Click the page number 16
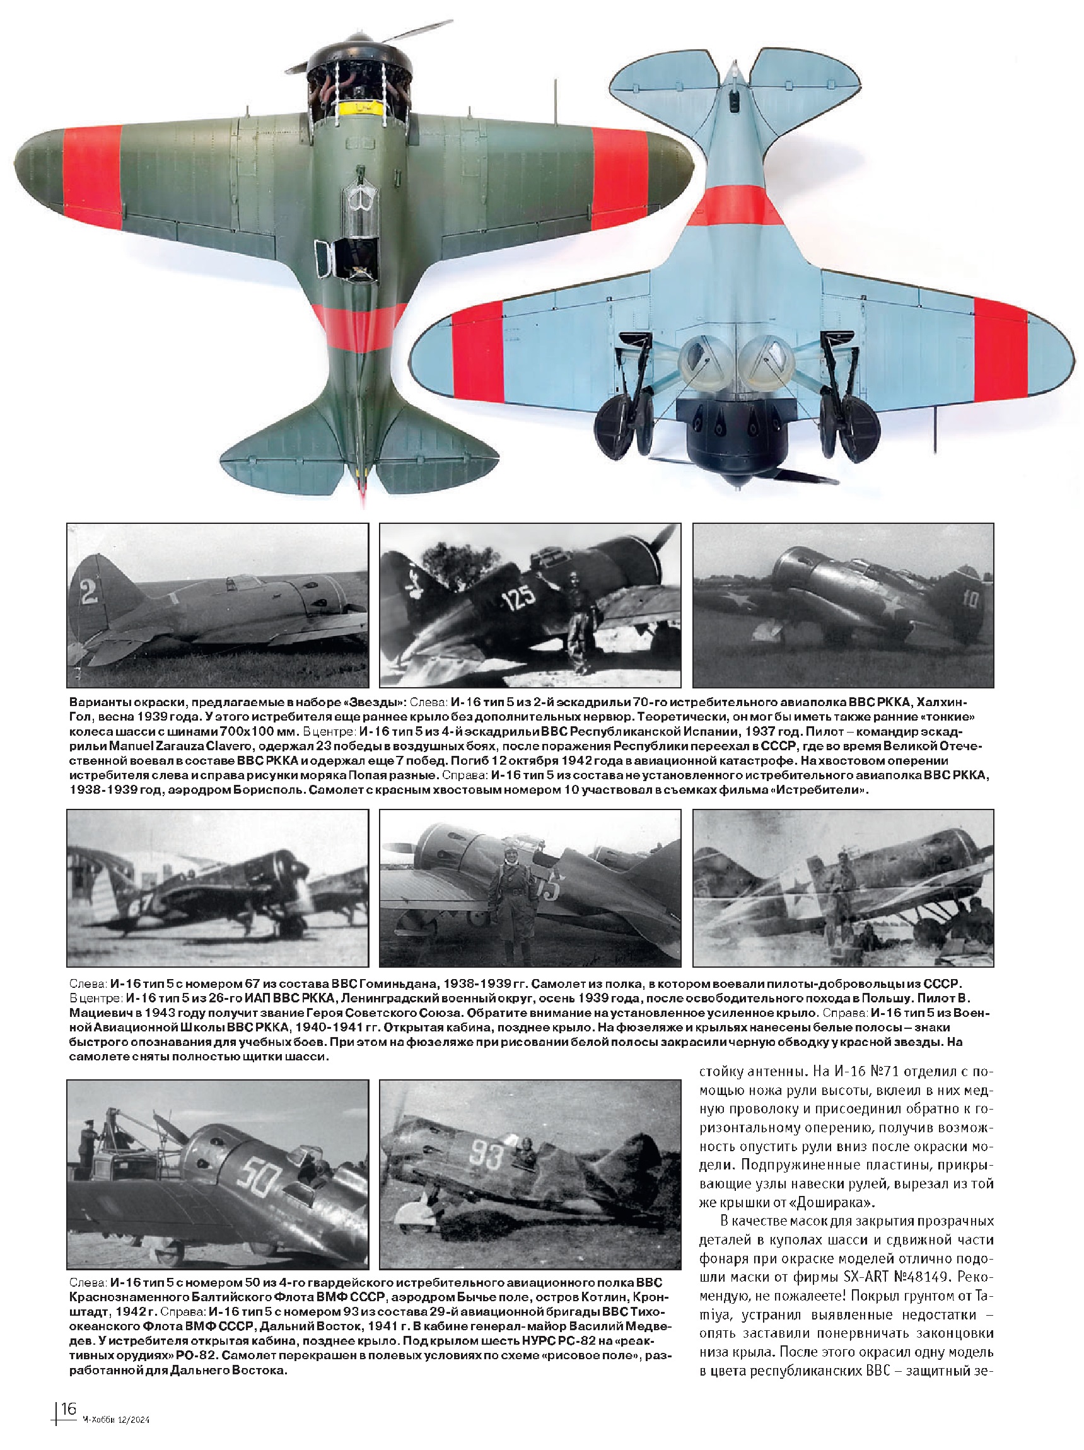(x=68, y=1408)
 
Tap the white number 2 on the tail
(x=88, y=592)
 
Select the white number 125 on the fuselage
(x=519, y=598)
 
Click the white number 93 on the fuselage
(x=486, y=1156)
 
